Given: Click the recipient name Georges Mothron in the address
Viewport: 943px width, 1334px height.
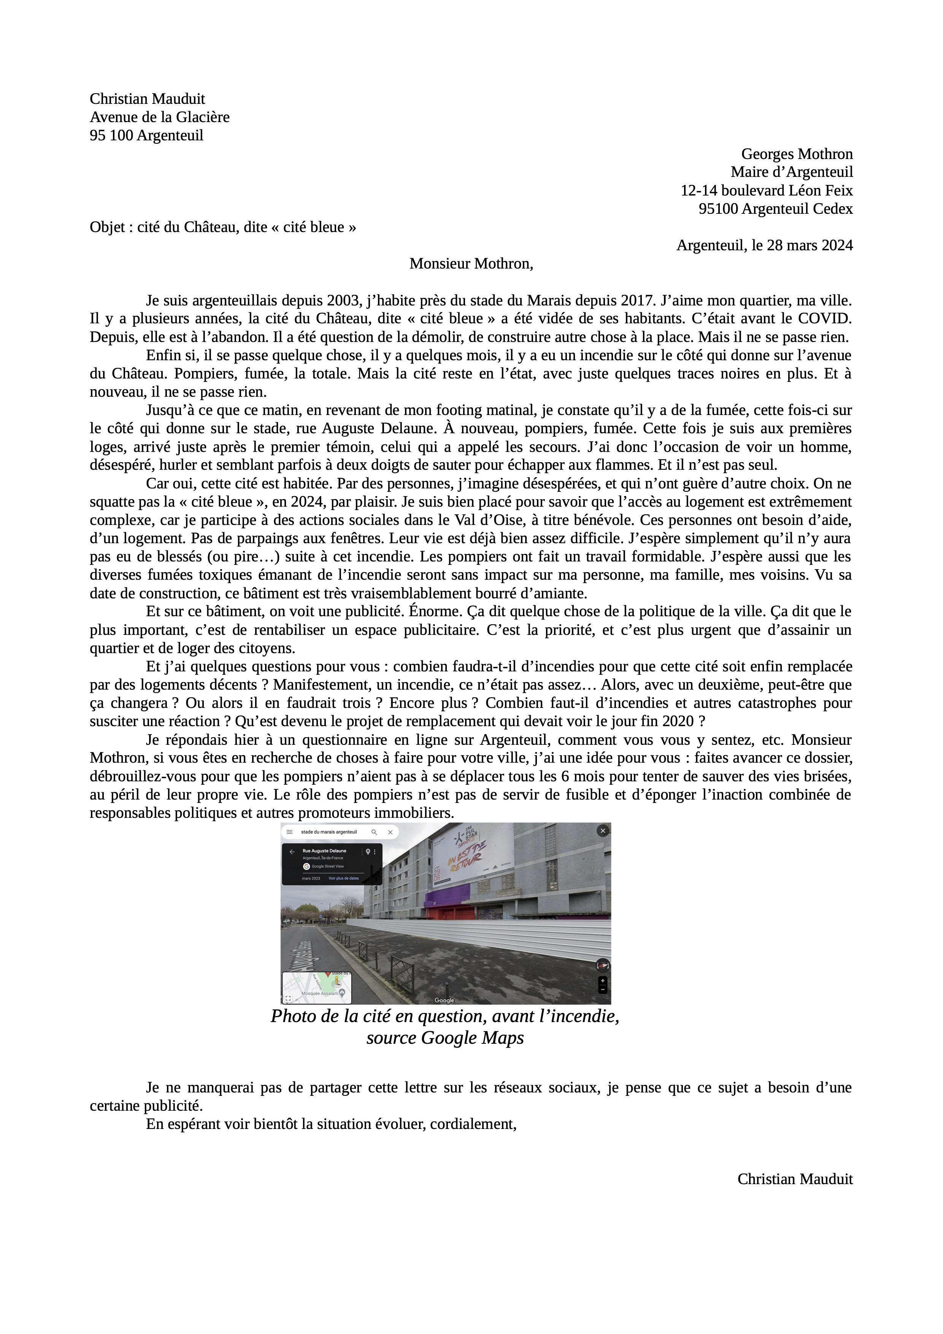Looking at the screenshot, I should click(x=797, y=154).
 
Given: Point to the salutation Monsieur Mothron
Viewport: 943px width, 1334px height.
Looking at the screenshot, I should click(x=471, y=264).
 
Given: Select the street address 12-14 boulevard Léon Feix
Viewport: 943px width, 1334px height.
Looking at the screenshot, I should click(x=767, y=191).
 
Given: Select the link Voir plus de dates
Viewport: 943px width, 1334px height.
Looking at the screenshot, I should click(x=344, y=878).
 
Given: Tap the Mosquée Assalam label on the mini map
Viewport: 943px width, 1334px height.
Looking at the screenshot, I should click(x=319, y=994).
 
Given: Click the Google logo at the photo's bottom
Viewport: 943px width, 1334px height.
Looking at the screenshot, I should click(x=444, y=1000).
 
